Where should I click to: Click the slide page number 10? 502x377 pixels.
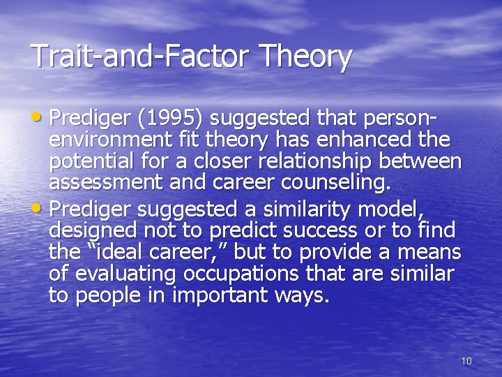pos(466,361)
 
